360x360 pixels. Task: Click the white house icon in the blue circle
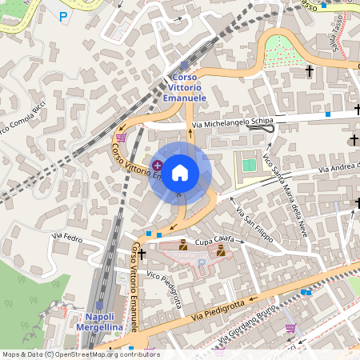coord(180,173)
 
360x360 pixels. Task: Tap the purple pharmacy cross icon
coord(157,165)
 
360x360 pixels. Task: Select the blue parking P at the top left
coord(64,15)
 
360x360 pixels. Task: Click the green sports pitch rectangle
coord(250,165)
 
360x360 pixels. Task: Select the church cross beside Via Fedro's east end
coord(142,254)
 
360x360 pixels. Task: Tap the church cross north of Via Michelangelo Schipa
coord(309,71)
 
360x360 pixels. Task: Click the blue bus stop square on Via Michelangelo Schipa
coord(327,114)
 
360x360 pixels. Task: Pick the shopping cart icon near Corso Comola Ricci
coord(121,137)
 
